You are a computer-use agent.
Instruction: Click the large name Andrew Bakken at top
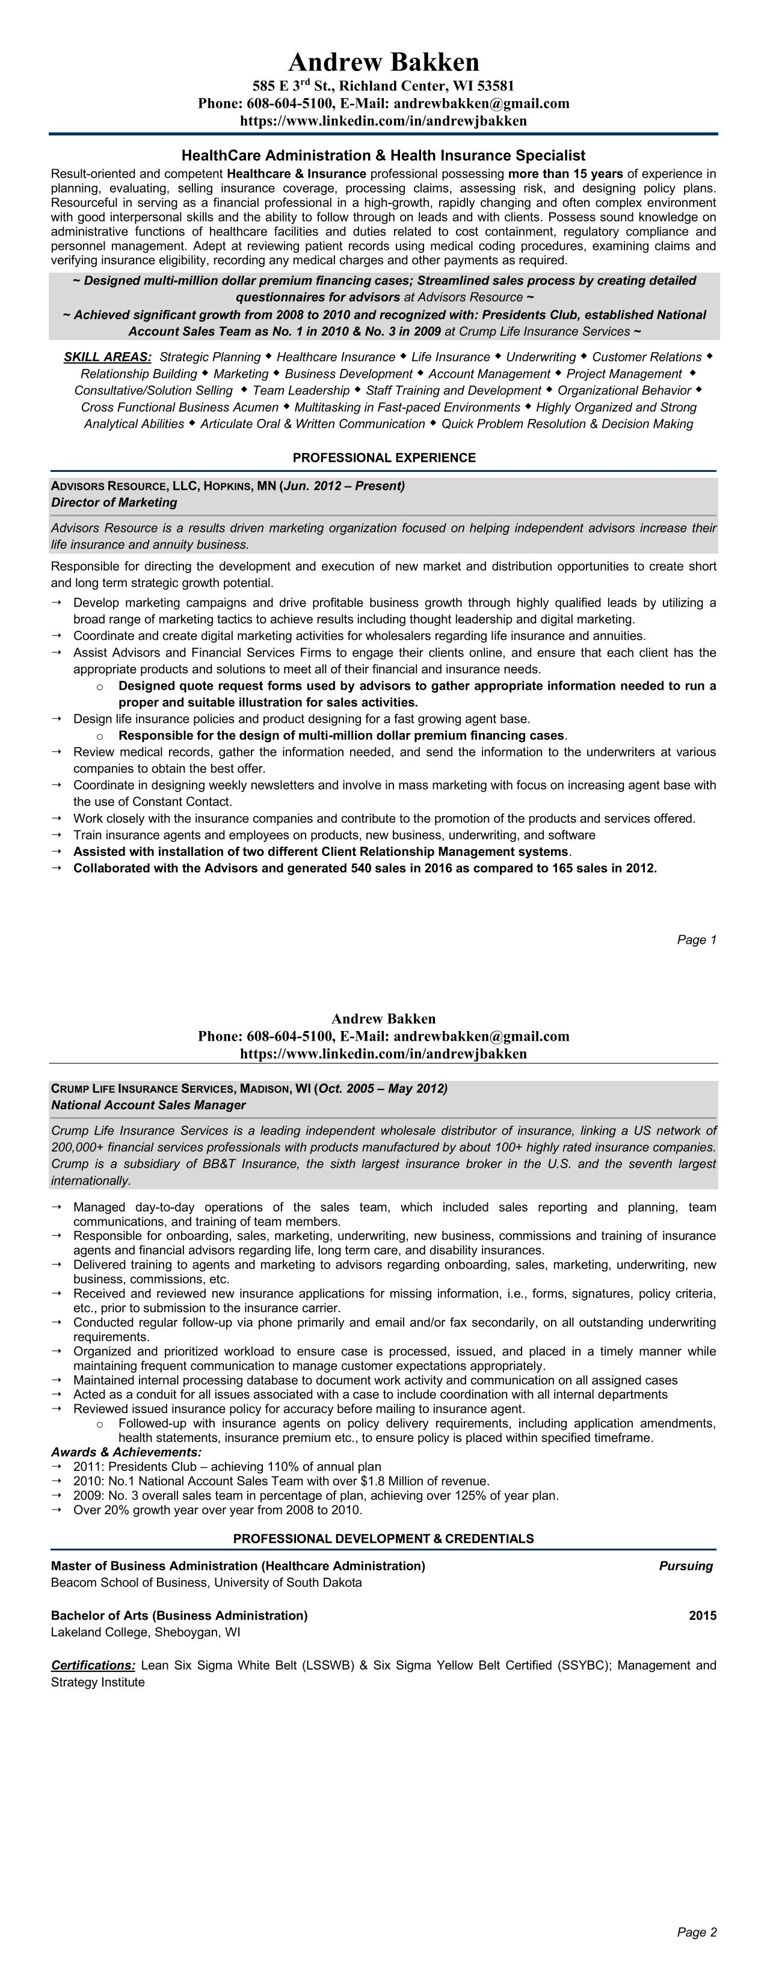point(384,61)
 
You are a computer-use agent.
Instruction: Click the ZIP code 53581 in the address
point(495,85)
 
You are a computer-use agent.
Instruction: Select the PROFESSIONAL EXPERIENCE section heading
point(384,457)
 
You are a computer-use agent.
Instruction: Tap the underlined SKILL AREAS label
point(108,357)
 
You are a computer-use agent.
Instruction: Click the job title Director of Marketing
point(114,503)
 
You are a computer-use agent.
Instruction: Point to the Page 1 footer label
point(696,940)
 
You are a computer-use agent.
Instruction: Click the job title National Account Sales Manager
point(148,1105)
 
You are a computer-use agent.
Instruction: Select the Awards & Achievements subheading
point(126,1452)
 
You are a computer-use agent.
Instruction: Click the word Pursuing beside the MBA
point(685,1566)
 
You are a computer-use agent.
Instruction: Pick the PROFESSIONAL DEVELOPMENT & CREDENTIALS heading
point(384,1539)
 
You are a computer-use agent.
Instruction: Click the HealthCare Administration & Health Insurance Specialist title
point(384,156)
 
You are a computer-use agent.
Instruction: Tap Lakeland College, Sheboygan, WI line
point(146,1632)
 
